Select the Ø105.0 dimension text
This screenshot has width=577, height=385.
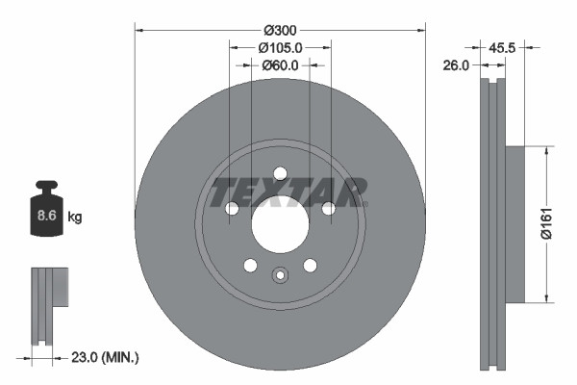pyautogui.click(x=280, y=46)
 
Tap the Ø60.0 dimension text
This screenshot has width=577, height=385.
pyautogui.click(x=280, y=65)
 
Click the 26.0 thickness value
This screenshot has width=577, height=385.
pyautogui.click(x=455, y=65)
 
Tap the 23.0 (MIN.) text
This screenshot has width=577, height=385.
pyautogui.click(x=106, y=357)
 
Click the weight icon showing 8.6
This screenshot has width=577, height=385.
pyautogui.click(x=46, y=212)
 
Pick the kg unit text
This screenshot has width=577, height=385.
pyautogui.click(x=75, y=218)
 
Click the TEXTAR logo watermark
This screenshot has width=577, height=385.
pyautogui.click(x=289, y=192)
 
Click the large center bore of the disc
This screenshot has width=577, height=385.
pyautogui.click(x=280, y=224)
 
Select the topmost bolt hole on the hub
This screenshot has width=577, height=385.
pyautogui.click(x=280, y=173)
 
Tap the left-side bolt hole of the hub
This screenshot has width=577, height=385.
pyautogui.click(x=232, y=208)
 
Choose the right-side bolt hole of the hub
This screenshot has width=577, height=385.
pyautogui.click(x=328, y=208)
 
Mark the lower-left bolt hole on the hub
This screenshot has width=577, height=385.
pyautogui.click(x=250, y=265)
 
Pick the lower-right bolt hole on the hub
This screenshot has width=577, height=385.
pyautogui.click(x=310, y=265)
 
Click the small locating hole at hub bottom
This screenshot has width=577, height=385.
pyautogui.click(x=280, y=275)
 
